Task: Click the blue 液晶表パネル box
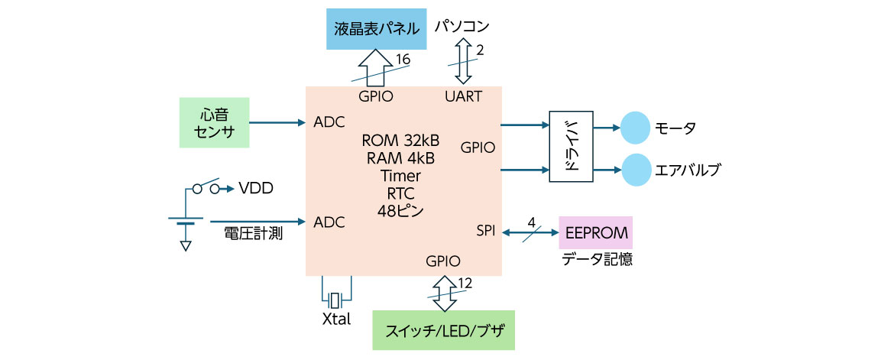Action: pos(377,29)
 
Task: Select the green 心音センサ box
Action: pos(214,122)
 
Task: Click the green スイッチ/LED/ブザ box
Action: pos(443,330)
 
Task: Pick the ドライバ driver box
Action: pos(571,146)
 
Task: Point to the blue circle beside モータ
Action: pos(633,128)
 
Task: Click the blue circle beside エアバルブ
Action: pos(633,170)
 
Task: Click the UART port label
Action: pos(463,97)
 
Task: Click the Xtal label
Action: pos(336,319)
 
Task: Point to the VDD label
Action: pos(256,188)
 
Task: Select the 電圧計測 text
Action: pos(253,234)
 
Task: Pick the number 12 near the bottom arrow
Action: pos(465,283)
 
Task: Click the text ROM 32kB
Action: pos(400,141)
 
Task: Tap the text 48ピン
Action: pos(400,209)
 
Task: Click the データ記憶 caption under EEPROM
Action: pos(597,259)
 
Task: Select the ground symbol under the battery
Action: pos(184,246)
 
